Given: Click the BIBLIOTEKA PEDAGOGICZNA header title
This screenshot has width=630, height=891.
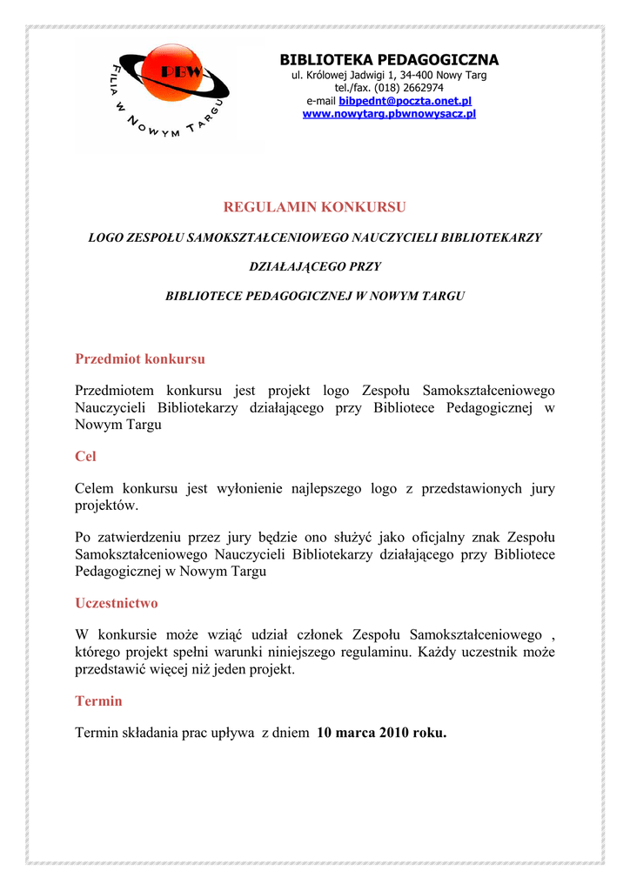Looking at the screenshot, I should pos(389,60).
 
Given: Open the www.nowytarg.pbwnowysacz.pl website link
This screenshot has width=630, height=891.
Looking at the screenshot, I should pos(389,114).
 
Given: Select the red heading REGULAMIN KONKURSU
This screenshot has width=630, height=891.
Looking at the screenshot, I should pos(315,207).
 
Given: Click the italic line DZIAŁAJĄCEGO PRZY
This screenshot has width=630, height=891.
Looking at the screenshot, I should pos(315,266).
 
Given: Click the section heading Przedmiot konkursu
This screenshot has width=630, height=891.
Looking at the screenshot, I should pos(140,358).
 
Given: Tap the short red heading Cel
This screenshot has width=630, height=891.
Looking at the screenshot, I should pos(85,456).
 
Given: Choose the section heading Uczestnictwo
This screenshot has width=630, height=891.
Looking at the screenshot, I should pos(117,603).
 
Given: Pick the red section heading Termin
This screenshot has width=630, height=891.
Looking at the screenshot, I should pos(98,700).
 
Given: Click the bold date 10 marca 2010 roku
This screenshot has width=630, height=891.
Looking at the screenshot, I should pos(382,733).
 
